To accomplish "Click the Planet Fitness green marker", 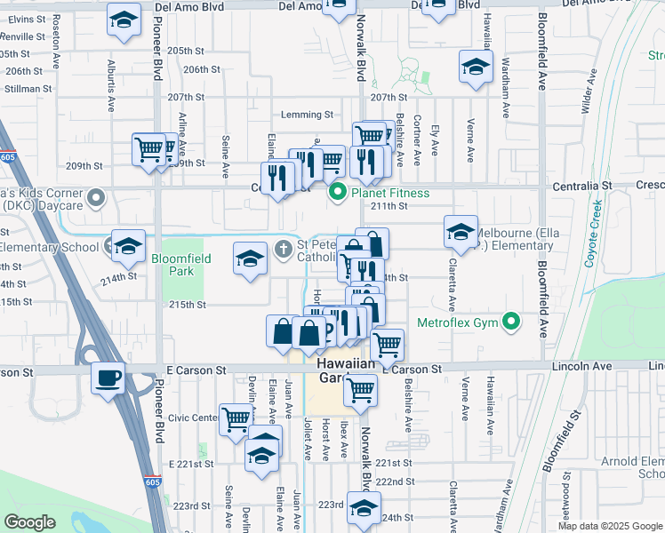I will point(338,192).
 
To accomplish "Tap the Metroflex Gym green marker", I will point(511,322).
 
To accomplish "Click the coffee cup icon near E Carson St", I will point(108,377).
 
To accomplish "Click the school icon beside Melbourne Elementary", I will point(461,232).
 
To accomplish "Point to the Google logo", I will point(29,522).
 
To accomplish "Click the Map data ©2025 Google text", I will point(610,526).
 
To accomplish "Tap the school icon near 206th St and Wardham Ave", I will point(476,67).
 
